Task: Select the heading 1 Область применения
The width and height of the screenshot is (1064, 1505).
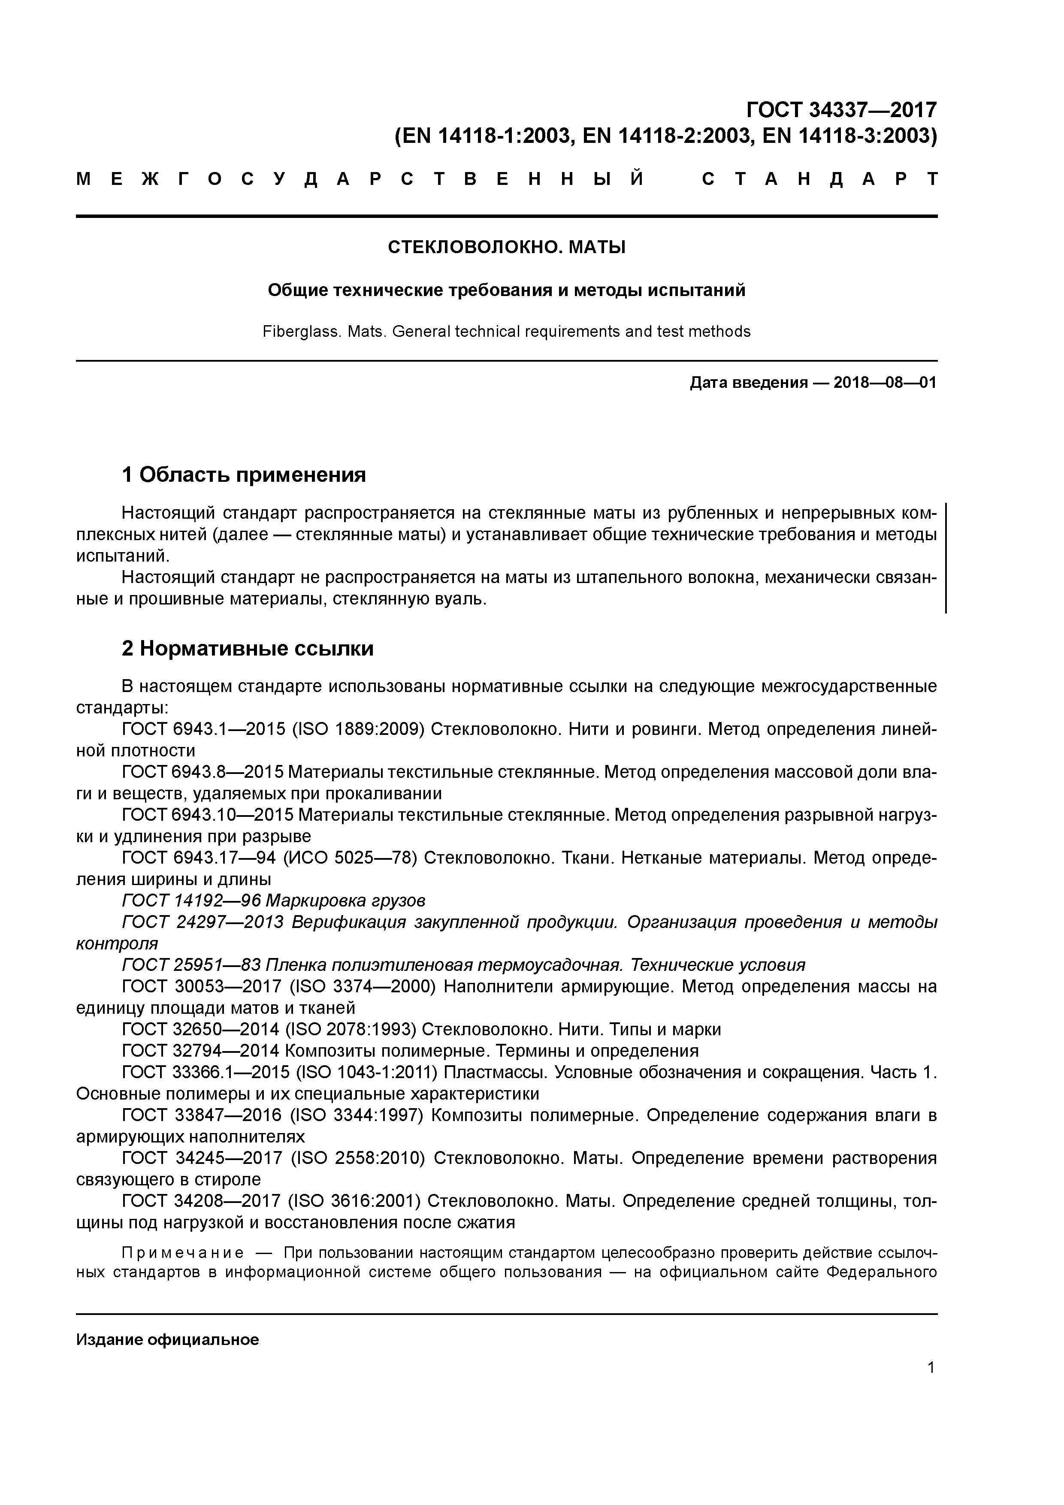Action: coord(244,474)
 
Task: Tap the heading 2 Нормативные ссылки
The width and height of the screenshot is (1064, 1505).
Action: coord(248,648)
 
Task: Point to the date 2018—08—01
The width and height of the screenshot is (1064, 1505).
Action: coord(885,383)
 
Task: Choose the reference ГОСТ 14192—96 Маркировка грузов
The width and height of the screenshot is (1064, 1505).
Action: coord(274,901)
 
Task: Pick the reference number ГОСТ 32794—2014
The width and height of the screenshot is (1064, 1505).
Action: coord(199,1051)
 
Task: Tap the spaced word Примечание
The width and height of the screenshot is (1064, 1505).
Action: coord(183,1253)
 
